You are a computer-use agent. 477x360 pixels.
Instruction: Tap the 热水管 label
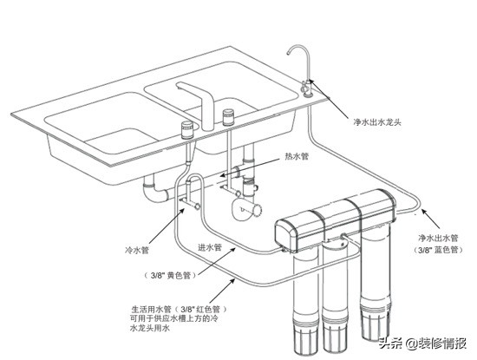(x=296, y=157)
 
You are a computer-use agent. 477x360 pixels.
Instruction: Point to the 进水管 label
(x=210, y=247)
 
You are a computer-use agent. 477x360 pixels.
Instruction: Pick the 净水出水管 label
(x=436, y=237)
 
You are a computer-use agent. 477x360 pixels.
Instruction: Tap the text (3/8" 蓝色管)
(x=436, y=251)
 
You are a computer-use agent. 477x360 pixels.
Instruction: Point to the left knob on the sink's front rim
(x=185, y=130)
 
